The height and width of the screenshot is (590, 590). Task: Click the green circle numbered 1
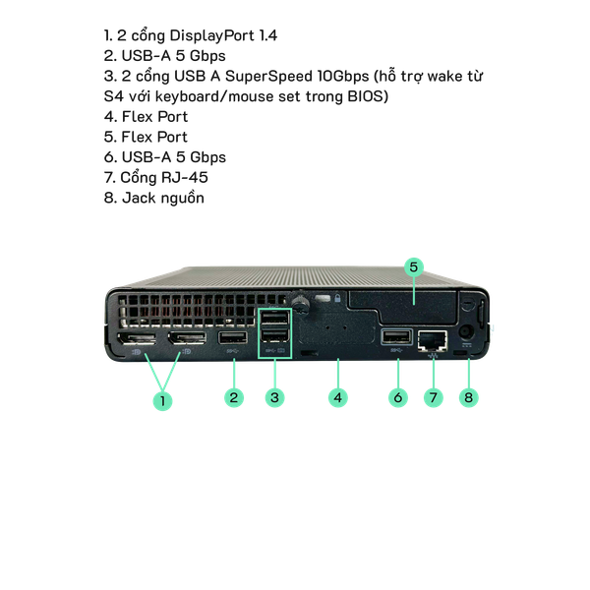164,400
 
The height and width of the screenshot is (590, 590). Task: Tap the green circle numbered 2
233,397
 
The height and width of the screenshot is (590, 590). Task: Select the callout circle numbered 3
276,397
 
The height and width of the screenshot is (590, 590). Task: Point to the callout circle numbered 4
337,397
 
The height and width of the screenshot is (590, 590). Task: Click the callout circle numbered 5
414,266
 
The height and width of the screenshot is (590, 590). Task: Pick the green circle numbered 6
397,397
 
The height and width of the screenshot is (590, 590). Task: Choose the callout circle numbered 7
433,397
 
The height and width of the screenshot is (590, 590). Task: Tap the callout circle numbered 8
471,397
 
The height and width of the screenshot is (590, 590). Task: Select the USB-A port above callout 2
233,341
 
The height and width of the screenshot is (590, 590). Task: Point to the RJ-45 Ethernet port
433,340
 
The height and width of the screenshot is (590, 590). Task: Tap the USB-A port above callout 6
395,339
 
